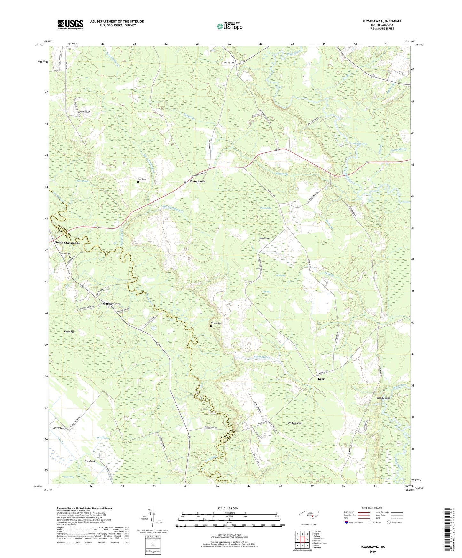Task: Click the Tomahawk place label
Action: [197, 181]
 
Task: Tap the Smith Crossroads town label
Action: [67, 243]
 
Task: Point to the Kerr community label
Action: [321, 379]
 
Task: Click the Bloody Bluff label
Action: [383, 398]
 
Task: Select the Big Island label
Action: [90, 461]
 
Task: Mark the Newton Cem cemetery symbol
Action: [211, 326]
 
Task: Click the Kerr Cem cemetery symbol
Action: [138, 182]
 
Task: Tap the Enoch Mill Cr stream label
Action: [262, 357]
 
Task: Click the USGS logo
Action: [70, 25]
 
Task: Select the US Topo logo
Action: [230, 26]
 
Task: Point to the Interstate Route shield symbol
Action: [347, 522]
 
